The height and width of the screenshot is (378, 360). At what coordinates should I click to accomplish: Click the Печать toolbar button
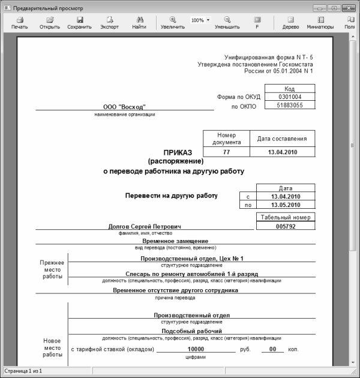[19, 23]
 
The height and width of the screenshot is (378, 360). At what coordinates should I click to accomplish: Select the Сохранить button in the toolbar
[79, 23]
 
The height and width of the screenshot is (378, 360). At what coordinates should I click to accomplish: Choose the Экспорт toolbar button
[109, 23]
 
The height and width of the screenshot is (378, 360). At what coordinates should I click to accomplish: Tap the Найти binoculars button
[139, 23]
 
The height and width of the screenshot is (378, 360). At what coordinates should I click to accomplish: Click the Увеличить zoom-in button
[173, 23]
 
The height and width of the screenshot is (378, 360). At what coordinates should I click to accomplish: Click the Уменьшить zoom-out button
[227, 23]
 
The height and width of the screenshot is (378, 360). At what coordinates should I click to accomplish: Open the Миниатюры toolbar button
[319, 23]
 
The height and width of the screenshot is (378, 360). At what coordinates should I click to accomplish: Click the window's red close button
[350, 8]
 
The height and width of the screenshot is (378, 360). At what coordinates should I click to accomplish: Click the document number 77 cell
[226, 152]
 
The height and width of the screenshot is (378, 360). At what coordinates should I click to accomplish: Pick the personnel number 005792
[285, 226]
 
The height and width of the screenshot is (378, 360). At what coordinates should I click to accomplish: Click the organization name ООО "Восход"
[124, 106]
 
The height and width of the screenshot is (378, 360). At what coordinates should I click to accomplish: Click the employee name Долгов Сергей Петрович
[145, 226]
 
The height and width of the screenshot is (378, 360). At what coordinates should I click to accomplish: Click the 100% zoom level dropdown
[200, 20]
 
